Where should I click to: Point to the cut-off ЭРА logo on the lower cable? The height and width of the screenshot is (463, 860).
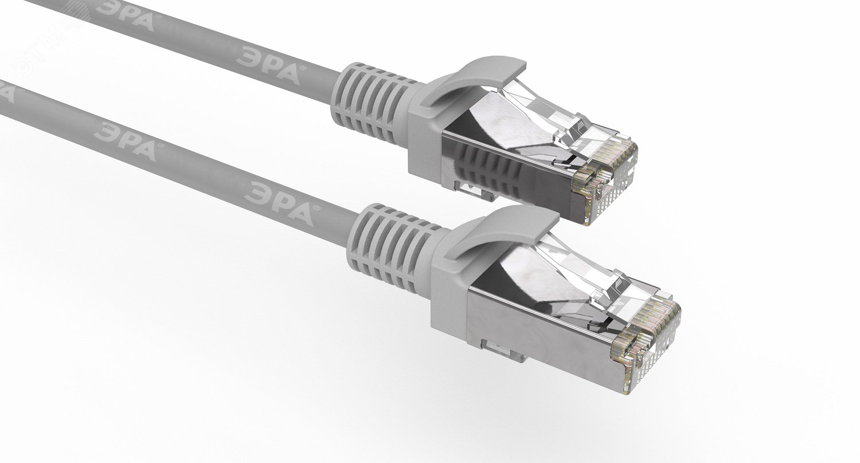(6, 92)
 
